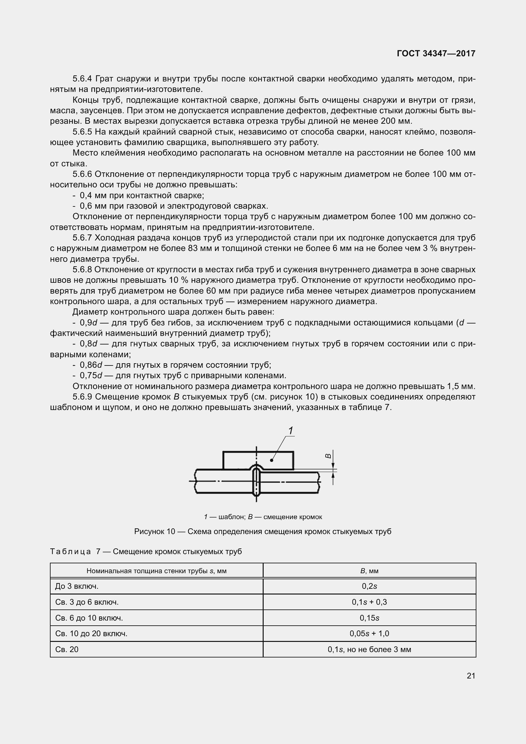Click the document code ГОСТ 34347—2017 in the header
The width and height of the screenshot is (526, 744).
click(x=436, y=53)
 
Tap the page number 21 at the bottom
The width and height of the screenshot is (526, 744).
click(x=471, y=676)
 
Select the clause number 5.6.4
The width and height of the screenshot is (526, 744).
click(x=82, y=79)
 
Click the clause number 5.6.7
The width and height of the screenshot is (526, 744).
click(x=82, y=238)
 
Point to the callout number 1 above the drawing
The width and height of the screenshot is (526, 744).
click(x=291, y=431)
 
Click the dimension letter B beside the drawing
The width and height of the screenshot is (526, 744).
click(x=328, y=455)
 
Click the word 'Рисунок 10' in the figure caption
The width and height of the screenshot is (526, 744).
click(x=155, y=532)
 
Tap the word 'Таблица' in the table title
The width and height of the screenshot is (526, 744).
click(x=70, y=552)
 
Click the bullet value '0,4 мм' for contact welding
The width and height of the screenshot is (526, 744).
click(x=90, y=195)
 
